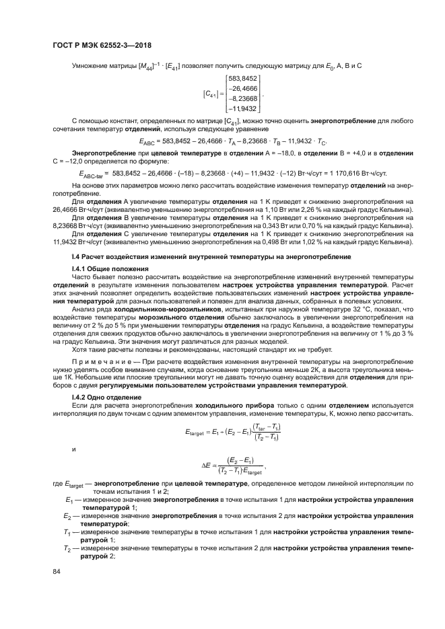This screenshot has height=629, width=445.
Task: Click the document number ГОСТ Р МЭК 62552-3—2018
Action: click(x=101, y=44)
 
